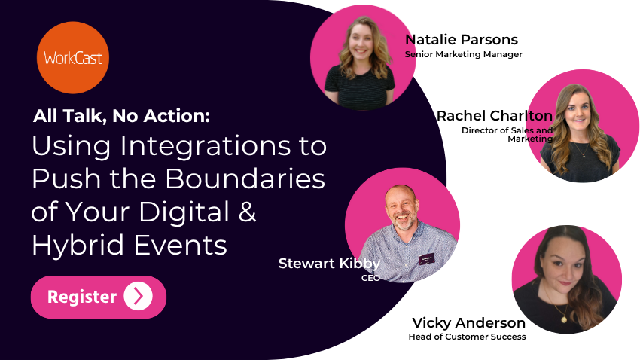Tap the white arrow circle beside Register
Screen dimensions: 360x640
tap(138, 297)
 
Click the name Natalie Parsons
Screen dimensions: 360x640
tap(462, 40)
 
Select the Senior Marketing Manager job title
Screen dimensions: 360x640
tap(463, 54)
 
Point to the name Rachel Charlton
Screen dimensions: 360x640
tap(495, 116)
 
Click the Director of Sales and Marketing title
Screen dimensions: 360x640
tap(507, 134)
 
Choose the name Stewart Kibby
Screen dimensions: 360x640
tap(329, 264)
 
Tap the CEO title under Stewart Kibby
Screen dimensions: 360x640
tap(370, 278)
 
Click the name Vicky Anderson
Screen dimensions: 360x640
tap(468, 323)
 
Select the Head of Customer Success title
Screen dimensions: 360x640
tap(467, 337)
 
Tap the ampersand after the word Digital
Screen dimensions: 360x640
tap(247, 213)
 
